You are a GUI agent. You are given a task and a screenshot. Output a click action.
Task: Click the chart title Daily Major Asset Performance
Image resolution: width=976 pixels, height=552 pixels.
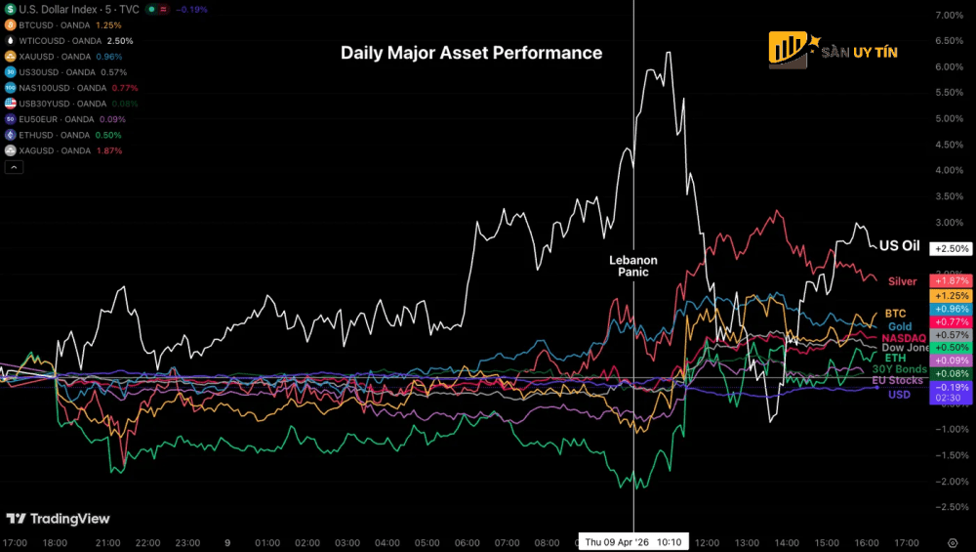(x=471, y=53)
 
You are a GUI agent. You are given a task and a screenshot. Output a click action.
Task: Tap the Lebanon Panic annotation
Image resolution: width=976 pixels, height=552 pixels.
(x=633, y=266)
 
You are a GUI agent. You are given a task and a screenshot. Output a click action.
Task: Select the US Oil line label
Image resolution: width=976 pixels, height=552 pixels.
(x=899, y=246)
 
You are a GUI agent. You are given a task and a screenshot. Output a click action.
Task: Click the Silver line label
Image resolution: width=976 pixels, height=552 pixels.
(x=902, y=281)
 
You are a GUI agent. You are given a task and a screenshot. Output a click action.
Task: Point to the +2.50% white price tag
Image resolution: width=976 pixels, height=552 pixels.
(x=950, y=249)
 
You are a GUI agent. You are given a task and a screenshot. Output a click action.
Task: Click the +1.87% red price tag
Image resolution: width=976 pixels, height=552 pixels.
(x=950, y=280)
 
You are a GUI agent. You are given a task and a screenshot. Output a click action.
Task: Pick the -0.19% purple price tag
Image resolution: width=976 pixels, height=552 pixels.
(x=950, y=386)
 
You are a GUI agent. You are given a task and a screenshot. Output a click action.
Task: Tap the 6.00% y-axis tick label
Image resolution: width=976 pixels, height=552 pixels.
(x=950, y=67)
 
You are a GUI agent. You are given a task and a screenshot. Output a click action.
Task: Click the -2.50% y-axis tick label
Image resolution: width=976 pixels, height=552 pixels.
(x=950, y=506)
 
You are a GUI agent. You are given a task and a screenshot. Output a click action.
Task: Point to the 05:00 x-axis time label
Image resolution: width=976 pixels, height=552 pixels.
(x=427, y=542)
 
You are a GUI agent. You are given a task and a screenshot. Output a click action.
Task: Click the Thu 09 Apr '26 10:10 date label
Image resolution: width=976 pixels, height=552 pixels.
(x=634, y=542)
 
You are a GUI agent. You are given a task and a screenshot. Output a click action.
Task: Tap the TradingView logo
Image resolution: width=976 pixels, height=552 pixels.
(x=59, y=519)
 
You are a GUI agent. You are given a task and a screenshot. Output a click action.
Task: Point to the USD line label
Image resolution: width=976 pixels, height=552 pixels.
(x=899, y=395)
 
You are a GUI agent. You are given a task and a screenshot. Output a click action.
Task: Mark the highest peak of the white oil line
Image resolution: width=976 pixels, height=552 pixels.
(x=669, y=52)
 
